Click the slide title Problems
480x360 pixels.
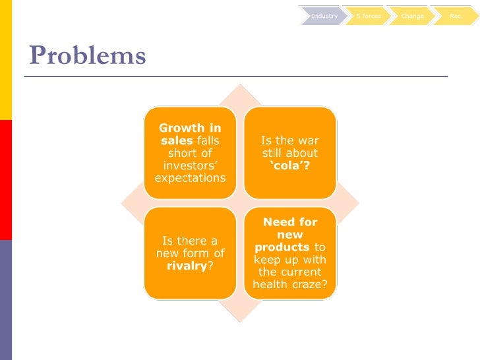click(x=87, y=56)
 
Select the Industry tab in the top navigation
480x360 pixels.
click(x=324, y=16)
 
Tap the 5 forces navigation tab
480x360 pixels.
click(x=368, y=16)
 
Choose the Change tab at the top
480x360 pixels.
click(x=412, y=16)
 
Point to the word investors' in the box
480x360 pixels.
click(x=190, y=165)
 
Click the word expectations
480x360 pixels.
click(x=190, y=178)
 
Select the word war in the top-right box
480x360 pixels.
click(x=307, y=140)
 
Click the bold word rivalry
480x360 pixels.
click(x=187, y=266)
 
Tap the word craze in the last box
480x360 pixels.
click(x=313, y=284)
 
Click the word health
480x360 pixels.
click(x=272, y=284)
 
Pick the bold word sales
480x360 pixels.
click(x=176, y=140)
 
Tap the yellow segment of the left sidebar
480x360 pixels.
click(x=5, y=59)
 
